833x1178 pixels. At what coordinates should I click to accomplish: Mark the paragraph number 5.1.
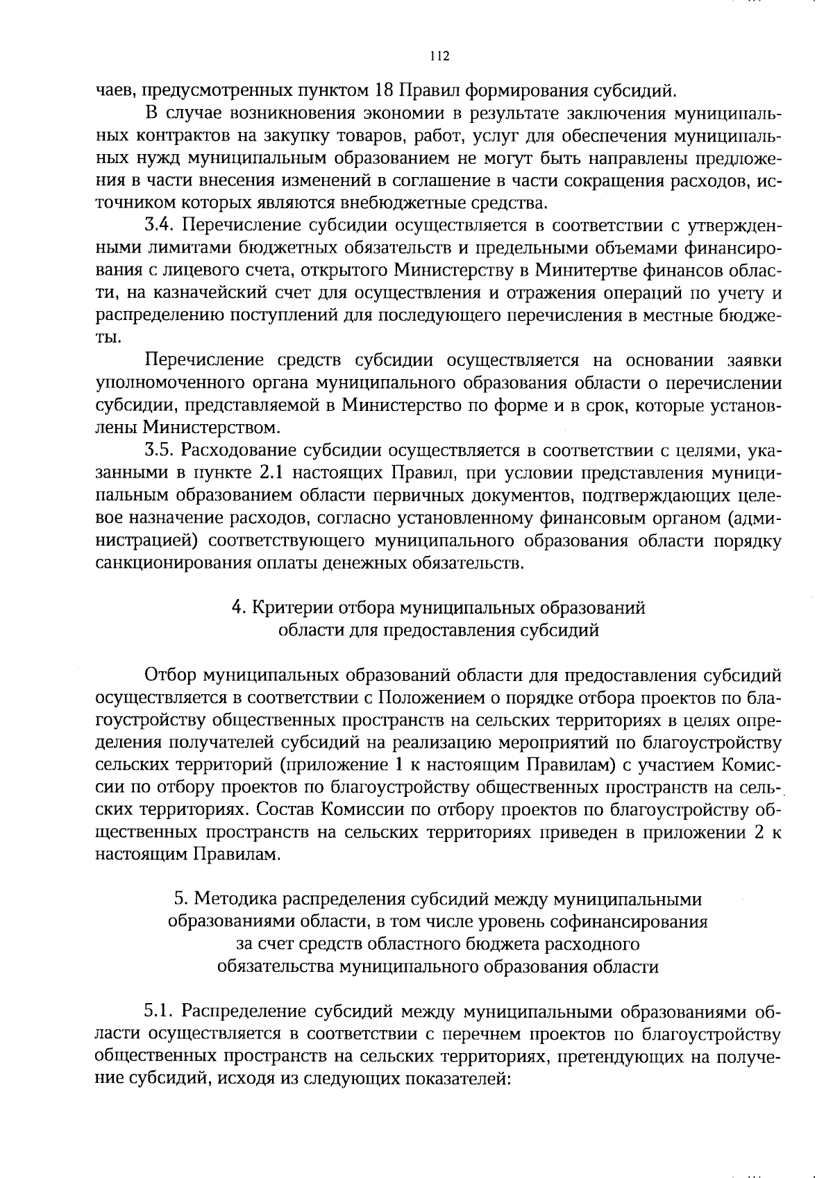point(161,1011)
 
